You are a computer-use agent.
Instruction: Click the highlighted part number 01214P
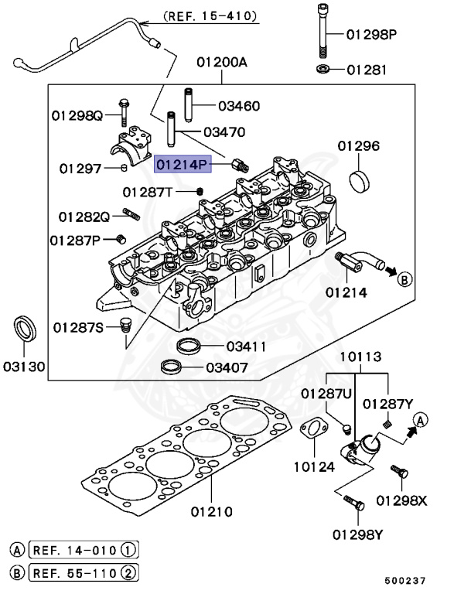[183, 165]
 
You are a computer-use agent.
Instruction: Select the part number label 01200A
[222, 61]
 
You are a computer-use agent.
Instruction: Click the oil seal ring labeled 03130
[26, 329]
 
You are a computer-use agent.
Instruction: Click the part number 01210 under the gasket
[211, 511]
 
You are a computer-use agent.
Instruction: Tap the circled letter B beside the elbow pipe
[405, 280]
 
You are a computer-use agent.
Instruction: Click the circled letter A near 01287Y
[420, 420]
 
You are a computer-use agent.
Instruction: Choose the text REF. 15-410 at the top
[210, 15]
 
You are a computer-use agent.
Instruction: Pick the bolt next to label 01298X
[398, 472]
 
